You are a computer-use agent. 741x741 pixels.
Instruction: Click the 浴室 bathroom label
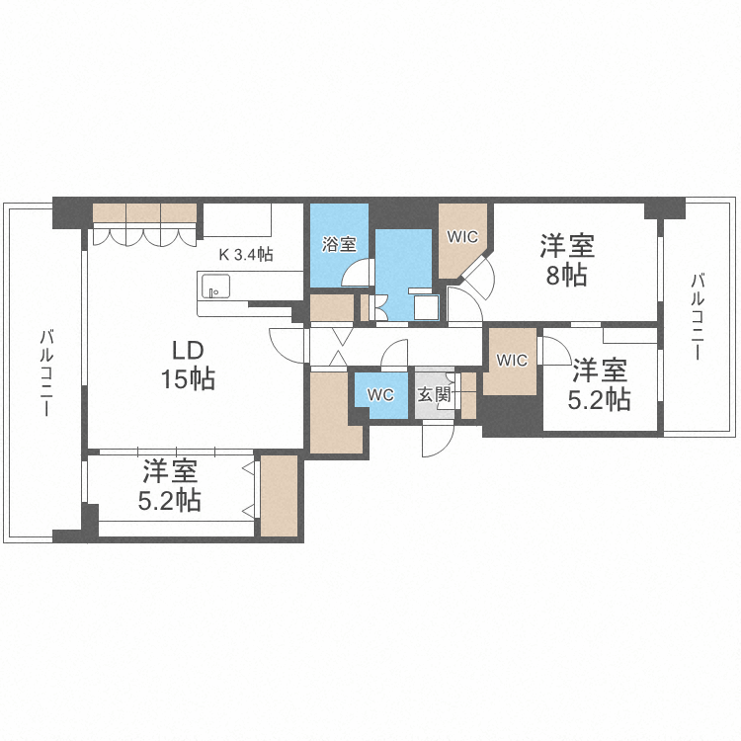coord(340,244)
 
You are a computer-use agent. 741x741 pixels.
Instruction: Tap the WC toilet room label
coord(380,394)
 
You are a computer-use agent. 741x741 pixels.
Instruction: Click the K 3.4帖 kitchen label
coord(245,254)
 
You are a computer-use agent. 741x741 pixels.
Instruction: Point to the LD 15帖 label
coord(189,364)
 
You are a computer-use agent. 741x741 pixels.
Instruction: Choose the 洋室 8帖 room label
coord(567,259)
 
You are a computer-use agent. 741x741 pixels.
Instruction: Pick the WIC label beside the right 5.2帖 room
coord(512,360)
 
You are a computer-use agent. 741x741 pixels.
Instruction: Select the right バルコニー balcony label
coord(697,317)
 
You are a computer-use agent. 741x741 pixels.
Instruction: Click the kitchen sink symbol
coord(213,288)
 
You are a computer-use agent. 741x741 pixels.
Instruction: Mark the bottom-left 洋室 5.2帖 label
coord(169,486)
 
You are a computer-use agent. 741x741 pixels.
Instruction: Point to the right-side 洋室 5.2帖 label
coord(600,384)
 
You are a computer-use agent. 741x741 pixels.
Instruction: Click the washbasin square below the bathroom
coord(426,307)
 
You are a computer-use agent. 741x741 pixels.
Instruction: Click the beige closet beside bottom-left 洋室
coord(278,496)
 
